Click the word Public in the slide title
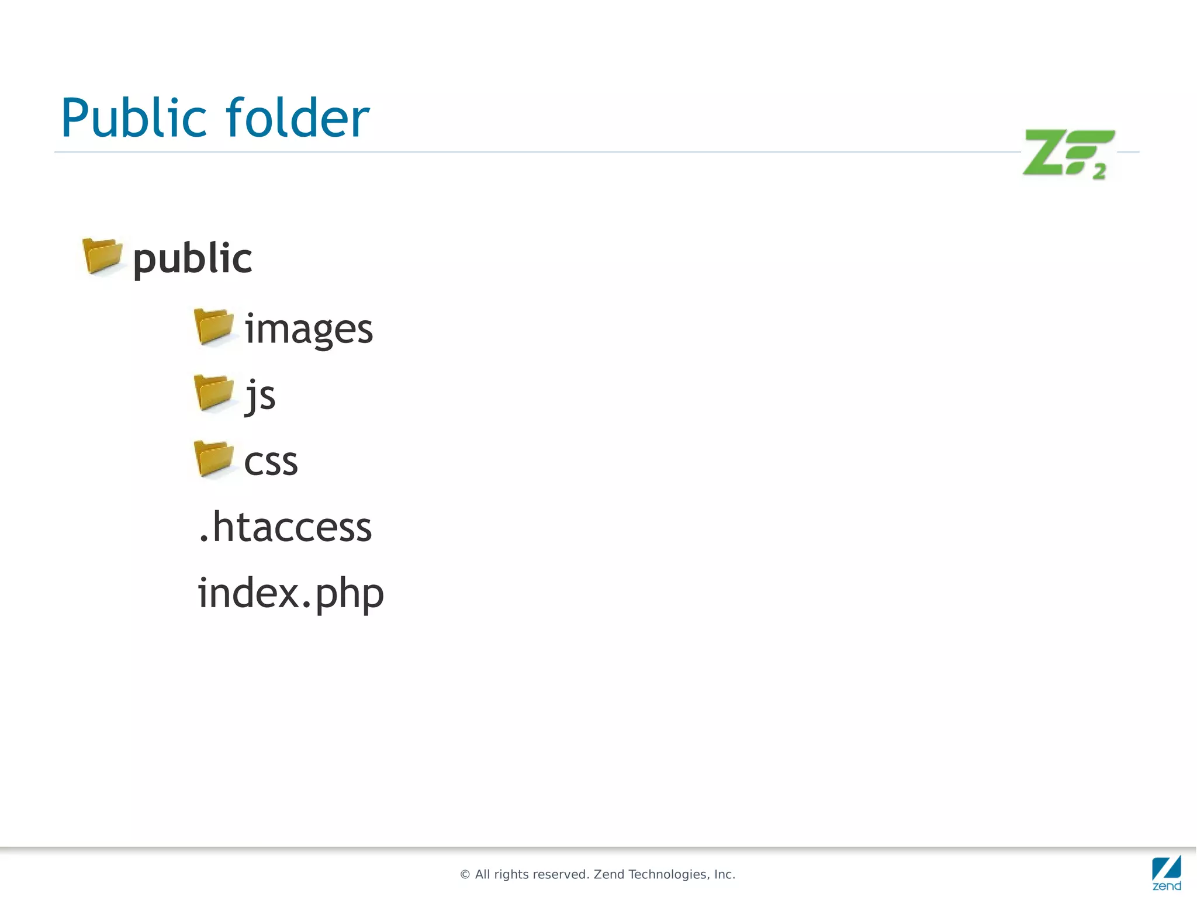click(x=133, y=119)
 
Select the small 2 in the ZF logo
click(x=1099, y=172)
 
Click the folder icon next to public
click(x=102, y=256)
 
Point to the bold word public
click(x=192, y=259)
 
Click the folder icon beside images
click(x=213, y=326)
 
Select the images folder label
click(x=308, y=329)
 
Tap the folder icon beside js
click(x=213, y=392)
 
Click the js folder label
click(x=260, y=395)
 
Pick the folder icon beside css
click(x=213, y=458)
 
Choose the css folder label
click(x=271, y=462)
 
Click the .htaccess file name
click(x=285, y=527)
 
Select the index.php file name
click(x=290, y=594)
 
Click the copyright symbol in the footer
click(x=465, y=875)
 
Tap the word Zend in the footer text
click(x=609, y=875)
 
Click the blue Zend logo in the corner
click(x=1166, y=872)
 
